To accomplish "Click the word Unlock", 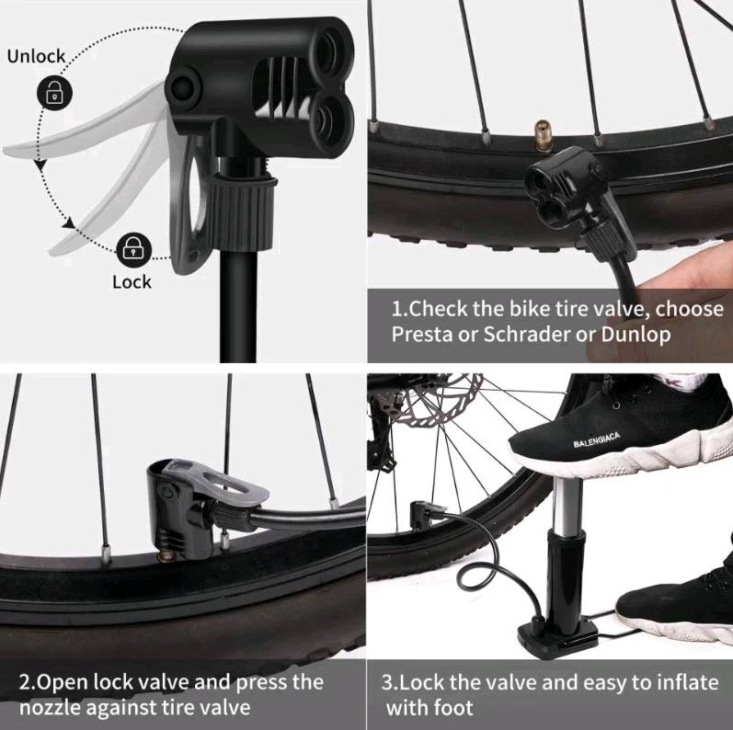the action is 36,56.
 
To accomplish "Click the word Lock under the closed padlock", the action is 132,282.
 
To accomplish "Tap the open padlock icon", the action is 54,92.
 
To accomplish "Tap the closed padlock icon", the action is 133,250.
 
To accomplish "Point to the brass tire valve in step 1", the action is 543,134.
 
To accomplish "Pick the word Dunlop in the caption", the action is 636,335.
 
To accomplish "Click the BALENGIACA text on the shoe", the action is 597,440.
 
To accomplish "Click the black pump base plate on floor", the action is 556,636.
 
